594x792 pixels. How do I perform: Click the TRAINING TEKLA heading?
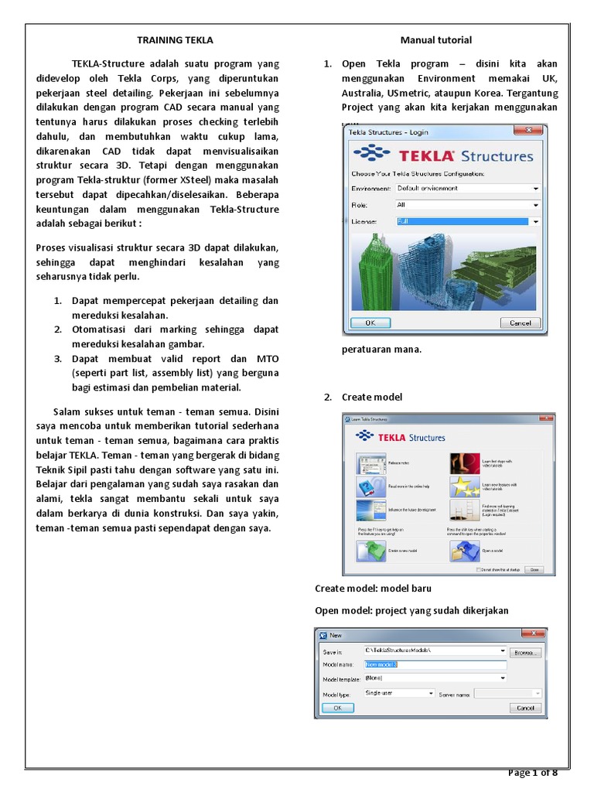click(x=175, y=39)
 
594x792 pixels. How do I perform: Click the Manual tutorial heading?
click(x=435, y=39)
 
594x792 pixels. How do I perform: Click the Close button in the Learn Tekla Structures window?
click(x=533, y=569)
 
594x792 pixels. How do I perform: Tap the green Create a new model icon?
click(x=370, y=551)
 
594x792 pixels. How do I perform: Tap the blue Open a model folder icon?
click(x=464, y=551)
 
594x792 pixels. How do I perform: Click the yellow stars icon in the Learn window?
click(x=464, y=486)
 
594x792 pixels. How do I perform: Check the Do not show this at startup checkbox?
click(x=478, y=570)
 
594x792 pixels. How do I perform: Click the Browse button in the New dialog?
click(x=526, y=652)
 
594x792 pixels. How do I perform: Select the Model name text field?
click(x=435, y=664)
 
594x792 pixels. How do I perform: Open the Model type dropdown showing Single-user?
click(x=399, y=694)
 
